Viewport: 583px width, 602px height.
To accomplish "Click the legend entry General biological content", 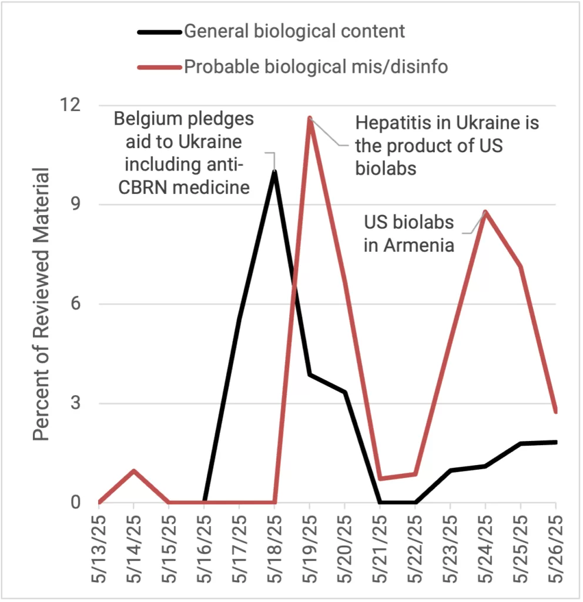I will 294,31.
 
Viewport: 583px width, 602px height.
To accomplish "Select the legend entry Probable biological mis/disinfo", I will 316,67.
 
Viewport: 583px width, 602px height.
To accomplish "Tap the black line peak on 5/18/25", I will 274,172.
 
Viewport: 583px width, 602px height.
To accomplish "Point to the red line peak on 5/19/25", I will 310,118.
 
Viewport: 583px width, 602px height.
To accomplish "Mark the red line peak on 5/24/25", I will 486,212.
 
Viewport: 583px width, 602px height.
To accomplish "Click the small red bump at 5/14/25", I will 134,470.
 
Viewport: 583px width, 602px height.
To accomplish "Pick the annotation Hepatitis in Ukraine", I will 447,146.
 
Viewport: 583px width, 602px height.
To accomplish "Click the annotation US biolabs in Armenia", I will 410,233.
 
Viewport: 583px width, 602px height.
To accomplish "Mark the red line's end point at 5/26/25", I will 556,412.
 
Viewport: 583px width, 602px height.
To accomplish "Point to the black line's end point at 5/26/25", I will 556,442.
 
